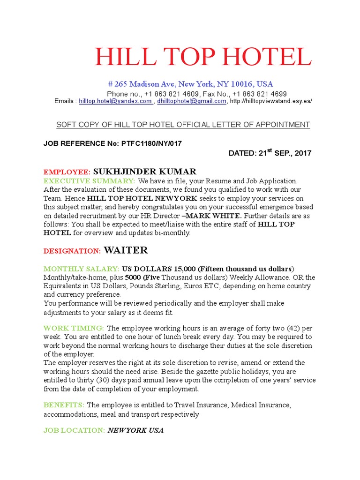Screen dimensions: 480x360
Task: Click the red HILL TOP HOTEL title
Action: tap(202, 57)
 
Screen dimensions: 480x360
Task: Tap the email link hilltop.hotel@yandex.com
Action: tap(115, 101)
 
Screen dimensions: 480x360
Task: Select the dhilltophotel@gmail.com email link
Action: tap(192, 101)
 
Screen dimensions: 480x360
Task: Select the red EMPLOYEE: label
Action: tap(67, 172)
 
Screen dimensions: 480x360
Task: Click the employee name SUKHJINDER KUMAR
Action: tap(145, 172)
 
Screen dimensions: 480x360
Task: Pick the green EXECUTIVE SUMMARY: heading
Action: tap(90, 181)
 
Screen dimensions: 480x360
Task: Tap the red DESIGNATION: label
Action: tap(72, 251)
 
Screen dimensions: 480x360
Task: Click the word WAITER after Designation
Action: tap(126, 250)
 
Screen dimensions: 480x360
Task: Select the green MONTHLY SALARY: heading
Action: tap(82, 269)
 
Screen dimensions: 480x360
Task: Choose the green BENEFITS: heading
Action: tap(64, 405)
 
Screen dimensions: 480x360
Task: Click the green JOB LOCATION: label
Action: tap(74, 430)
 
